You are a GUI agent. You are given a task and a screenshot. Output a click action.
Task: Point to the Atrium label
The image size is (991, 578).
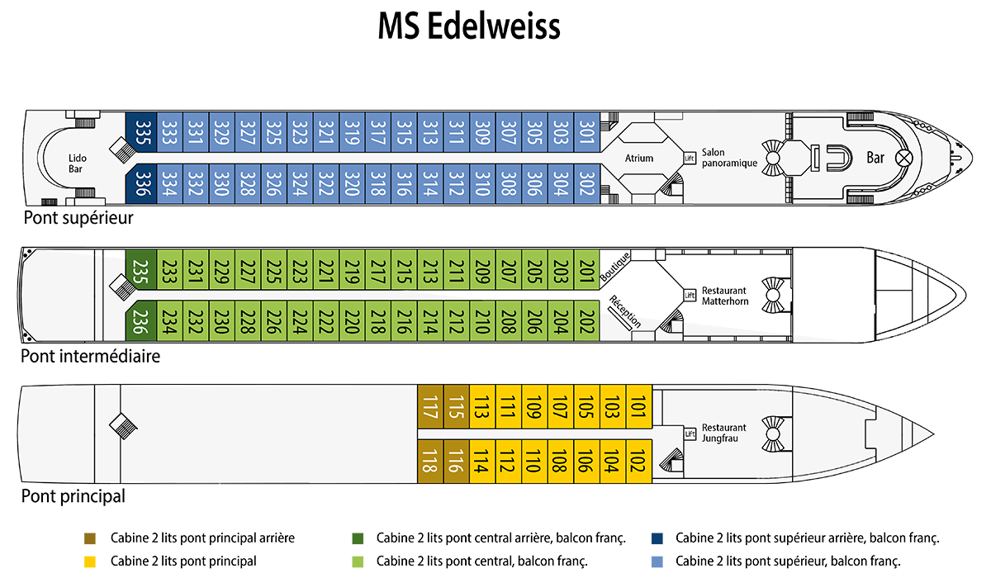pos(639,158)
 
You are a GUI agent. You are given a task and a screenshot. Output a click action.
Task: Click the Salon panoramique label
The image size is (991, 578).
pos(730,158)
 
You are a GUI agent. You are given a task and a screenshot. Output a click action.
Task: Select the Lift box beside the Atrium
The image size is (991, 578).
pos(690,158)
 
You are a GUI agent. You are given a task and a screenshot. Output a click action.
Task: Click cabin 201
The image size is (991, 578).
pos(586,269)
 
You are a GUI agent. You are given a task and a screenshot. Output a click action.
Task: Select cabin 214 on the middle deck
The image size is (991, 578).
pos(429,320)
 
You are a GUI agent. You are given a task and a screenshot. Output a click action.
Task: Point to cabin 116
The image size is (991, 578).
pos(455,461)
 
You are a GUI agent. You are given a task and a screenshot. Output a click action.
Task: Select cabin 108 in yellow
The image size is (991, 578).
pos(559,461)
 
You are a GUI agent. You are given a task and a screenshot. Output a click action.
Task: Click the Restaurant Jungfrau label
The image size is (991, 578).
pos(723,433)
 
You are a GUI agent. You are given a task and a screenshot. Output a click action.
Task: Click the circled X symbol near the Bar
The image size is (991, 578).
pos(904,156)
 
